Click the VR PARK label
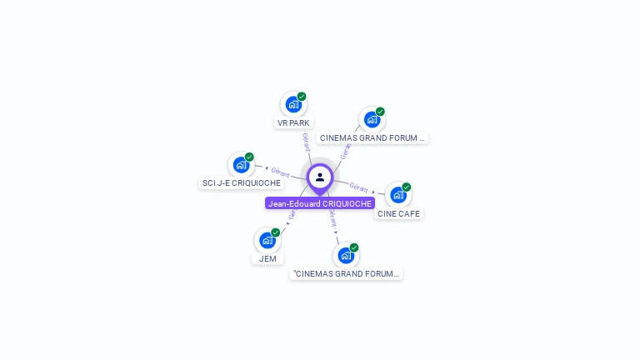(293, 122)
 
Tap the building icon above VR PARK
(292, 104)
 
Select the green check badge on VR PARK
(302, 97)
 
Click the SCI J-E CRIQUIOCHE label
(242, 182)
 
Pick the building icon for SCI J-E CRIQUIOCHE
(241, 165)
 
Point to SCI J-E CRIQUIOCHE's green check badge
(249, 157)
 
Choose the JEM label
(267, 258)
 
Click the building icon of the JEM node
(267, 241)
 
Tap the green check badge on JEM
(276, 232)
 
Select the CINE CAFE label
(398, 213)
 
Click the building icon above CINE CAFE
(397, 195)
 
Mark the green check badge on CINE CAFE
(407, 187)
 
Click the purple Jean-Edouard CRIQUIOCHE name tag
(320, 203)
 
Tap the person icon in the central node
(320, 177)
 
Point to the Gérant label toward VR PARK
(306, 142)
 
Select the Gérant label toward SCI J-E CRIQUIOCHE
(280, 172)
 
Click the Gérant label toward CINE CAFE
(359, 187)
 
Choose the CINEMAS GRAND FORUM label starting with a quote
(346, 273)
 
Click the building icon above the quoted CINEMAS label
(345, 255)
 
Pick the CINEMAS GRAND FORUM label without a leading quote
(372, 137)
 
